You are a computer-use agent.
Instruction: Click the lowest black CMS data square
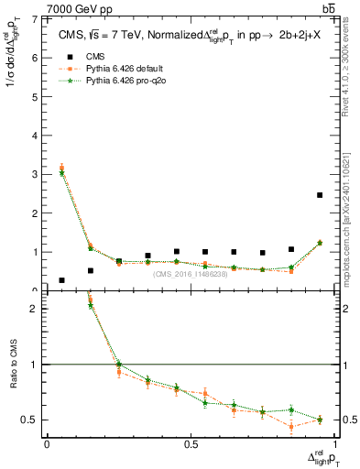[x=61, y=280]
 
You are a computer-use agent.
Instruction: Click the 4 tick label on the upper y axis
[x=34, y=136]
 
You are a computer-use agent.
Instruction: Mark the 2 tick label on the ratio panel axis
[x=34, y=309]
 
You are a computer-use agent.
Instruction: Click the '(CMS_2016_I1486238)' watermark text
[x=191, y=274]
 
